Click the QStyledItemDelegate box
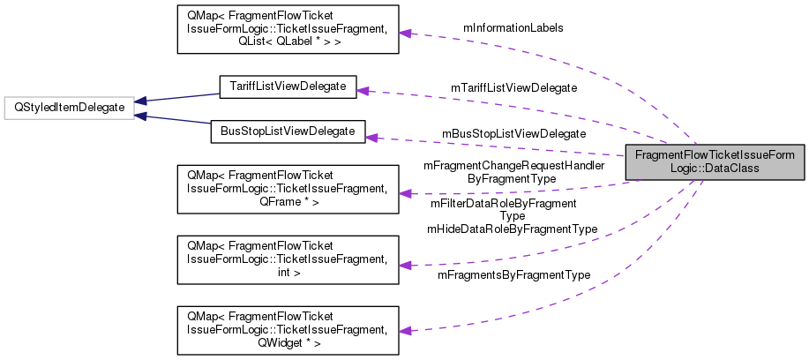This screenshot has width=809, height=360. point(68,108)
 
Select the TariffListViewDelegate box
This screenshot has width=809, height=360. point(287,86)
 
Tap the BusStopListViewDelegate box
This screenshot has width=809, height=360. point(287,131)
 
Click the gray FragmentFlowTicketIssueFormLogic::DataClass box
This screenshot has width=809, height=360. point(715,163)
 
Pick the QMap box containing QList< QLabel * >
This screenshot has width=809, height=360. point(288,30)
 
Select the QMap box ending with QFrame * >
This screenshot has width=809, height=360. point(288,188)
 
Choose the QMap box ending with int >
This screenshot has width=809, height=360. point(288,259)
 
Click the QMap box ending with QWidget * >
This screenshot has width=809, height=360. point(288,331)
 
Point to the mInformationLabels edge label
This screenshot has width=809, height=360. point(513,27)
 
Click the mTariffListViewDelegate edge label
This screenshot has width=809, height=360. point(513,87)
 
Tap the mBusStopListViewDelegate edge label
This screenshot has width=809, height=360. point(513,133)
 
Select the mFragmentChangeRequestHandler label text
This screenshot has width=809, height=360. point(513,165)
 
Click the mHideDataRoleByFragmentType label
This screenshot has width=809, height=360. point(512,229)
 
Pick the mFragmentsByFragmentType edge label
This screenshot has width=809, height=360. point(513,275)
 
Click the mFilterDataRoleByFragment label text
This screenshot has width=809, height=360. point(503,203)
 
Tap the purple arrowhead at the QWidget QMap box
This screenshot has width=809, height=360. point(405,331)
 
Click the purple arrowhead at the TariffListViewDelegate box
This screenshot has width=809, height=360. point(362,90)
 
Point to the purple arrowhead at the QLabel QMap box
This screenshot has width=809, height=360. point(405,33)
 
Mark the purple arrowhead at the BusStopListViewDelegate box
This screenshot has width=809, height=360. point(371,137)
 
